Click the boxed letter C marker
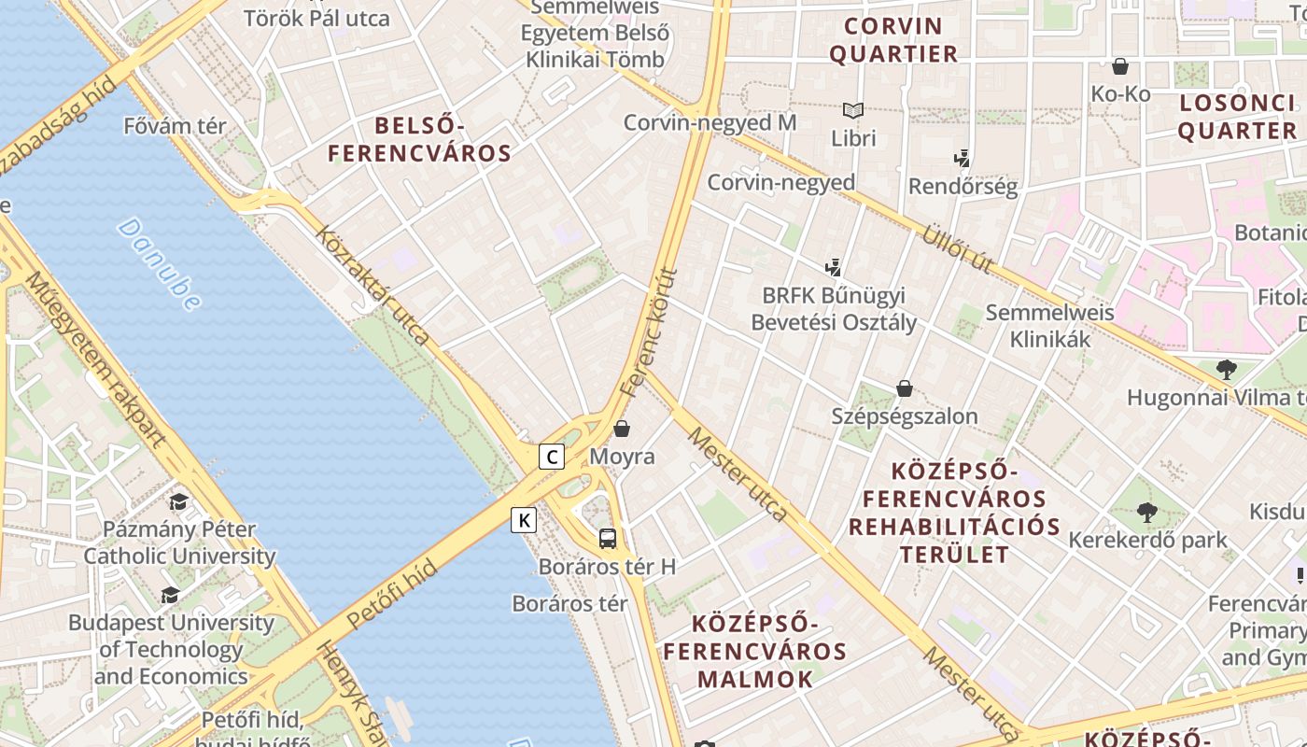click(552, 457)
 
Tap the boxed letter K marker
click(524, 520)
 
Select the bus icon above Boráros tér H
click(607, 538)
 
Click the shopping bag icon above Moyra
click(622, 429)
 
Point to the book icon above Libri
click(853, 110)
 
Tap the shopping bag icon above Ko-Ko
click(1120, 66)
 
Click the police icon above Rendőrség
click(963, 158)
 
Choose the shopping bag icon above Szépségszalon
click(904, 388)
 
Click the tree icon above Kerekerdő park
click(1147, 512)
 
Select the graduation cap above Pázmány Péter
click(178, 501)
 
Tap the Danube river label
click(160, 264)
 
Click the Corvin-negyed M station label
click(710, 122)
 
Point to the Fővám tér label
click(175, 125)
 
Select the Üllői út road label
click(958, 247)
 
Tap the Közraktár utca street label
click(374, 285)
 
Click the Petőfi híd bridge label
click(391, 594)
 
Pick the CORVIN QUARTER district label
click(893, 39)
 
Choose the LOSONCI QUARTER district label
click(1237, 117)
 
